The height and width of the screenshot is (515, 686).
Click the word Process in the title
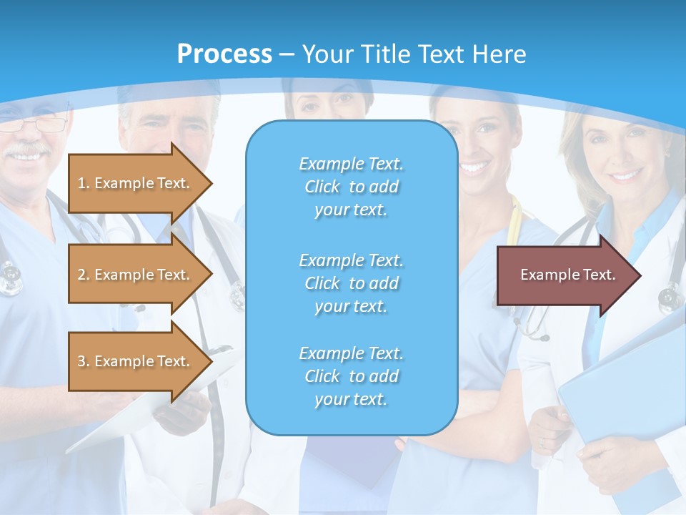[x=224, y=54]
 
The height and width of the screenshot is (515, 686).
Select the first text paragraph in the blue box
[x=351, y=187]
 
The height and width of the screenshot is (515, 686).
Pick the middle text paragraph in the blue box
[x=351, y=283]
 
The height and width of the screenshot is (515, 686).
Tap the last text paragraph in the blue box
[x=351, y=376]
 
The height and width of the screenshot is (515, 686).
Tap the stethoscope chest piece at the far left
[x=10, y=279]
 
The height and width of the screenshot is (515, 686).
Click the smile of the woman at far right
[x=624, y=175]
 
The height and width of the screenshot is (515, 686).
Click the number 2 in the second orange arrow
[x=81, y=275]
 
